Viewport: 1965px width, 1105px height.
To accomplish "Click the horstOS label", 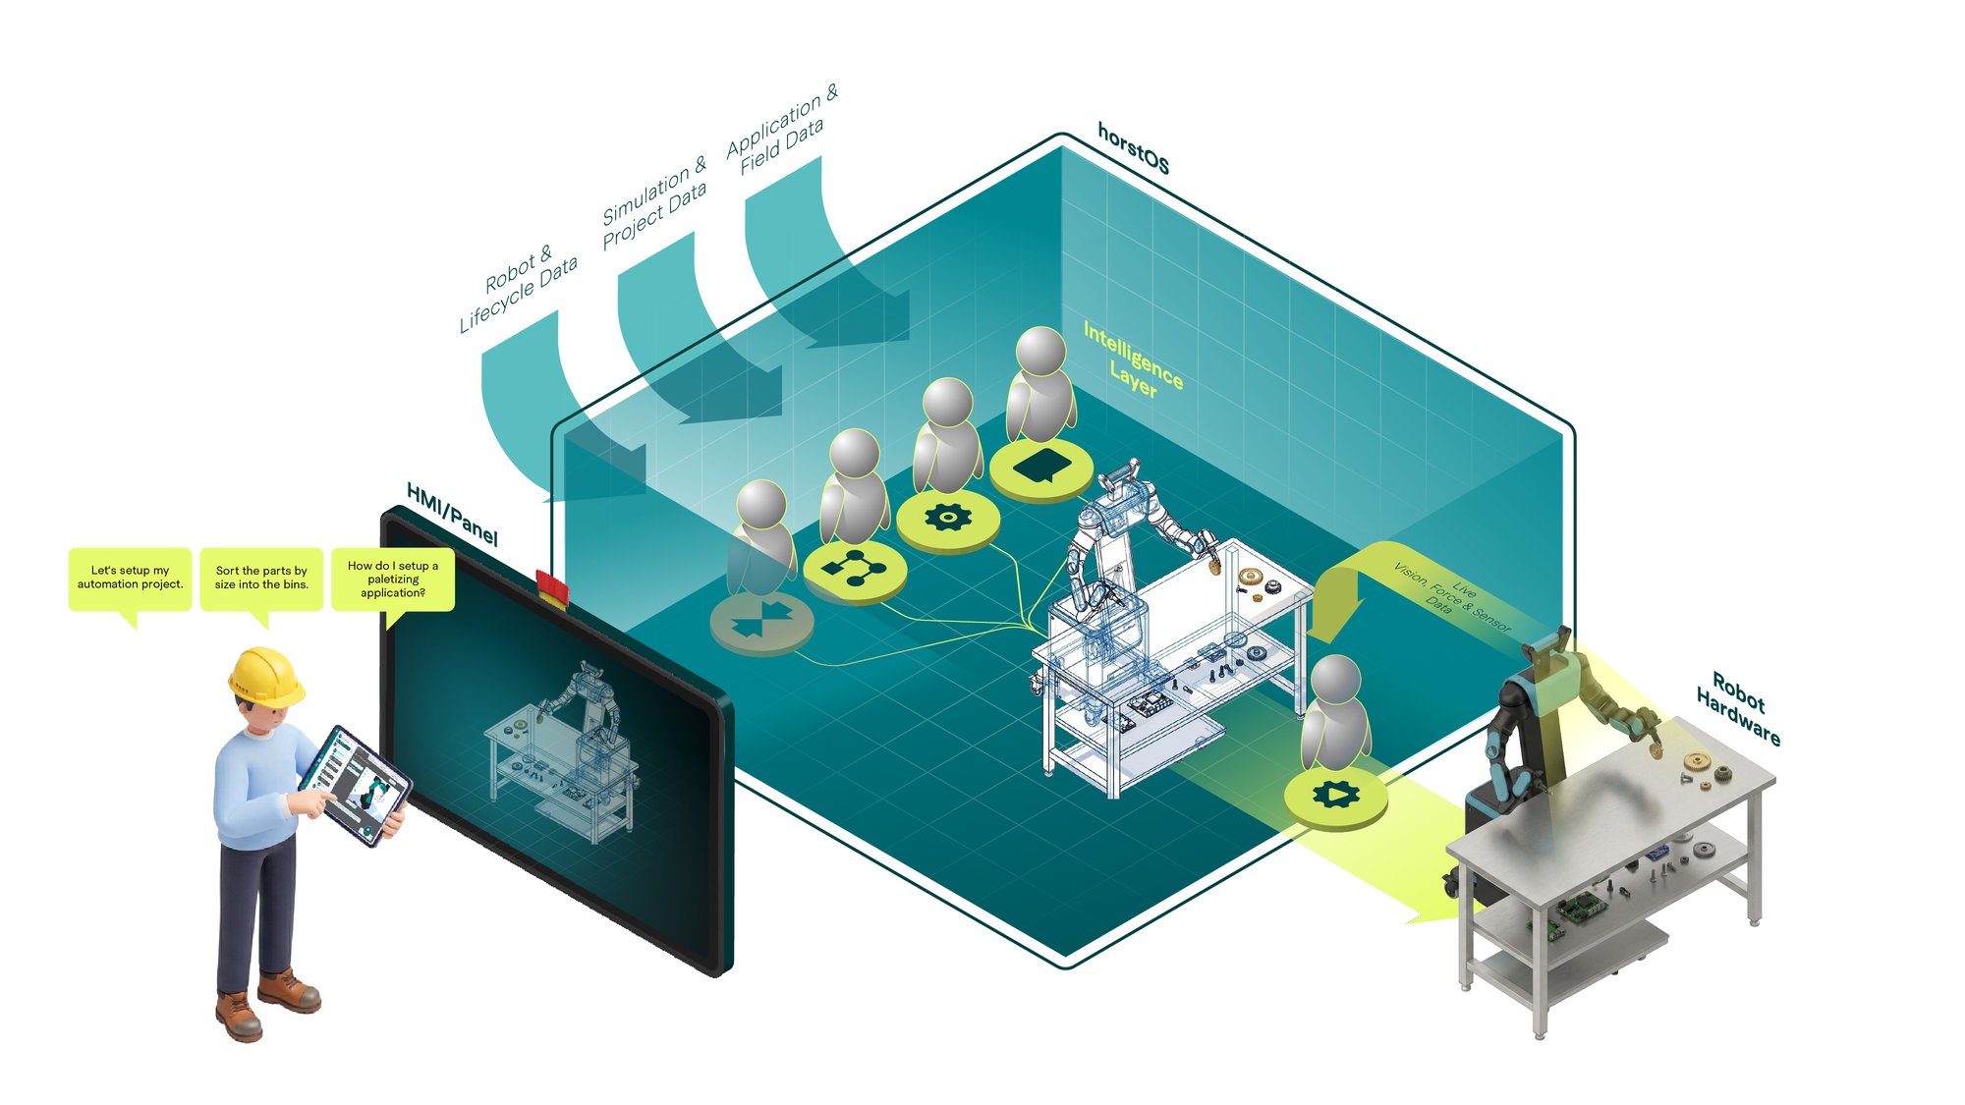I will (1133, 149).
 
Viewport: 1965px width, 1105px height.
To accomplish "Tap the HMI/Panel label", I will (452, 515).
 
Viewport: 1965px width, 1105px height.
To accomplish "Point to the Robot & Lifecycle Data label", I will (518, 287).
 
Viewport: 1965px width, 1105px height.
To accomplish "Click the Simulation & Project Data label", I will (654, 201).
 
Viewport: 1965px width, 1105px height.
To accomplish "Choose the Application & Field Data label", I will (782, 130).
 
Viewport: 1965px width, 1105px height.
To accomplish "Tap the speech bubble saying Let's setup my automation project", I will (130, 579).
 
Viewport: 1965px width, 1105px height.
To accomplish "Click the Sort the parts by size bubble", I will (261, 579).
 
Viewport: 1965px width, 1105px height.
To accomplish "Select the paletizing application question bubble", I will (393, 580).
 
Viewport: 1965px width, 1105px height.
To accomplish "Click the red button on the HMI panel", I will (552, 587).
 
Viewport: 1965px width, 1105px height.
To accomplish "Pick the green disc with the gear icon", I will (948, 519).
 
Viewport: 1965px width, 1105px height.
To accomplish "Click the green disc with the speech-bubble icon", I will (1041, 468).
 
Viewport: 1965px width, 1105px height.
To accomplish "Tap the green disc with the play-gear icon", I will (1336, 796).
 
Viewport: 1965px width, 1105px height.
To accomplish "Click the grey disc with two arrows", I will (761, 622).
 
